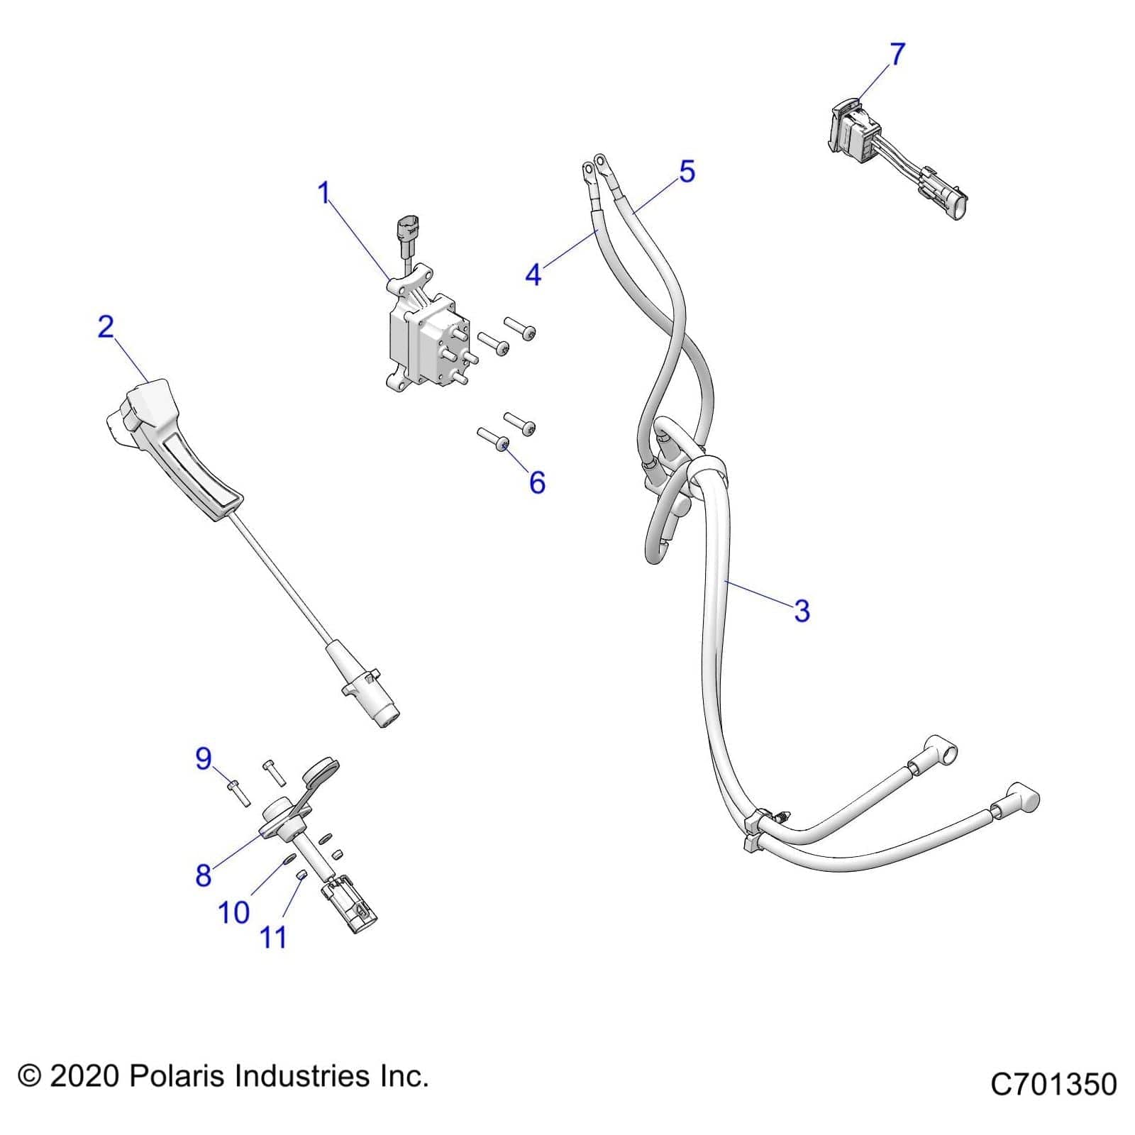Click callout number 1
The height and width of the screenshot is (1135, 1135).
[x=324, y=193]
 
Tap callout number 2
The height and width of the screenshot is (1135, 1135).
[x=106, y=327]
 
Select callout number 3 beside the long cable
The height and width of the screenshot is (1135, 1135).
[x=802, y=610]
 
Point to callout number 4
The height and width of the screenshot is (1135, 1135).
[x=533, y=275]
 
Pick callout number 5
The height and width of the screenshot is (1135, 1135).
[x=687, y=172]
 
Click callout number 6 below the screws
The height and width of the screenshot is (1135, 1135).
[x=537, y=483]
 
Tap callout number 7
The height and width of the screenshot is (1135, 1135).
[x=897, y=54]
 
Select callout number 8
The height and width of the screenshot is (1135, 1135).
[x=204, y=875]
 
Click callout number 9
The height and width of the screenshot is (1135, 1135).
[x=204, y=759]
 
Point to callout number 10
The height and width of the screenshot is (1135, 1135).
[x=233, y=913]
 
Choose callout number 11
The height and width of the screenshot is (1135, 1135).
[x=274, y=938]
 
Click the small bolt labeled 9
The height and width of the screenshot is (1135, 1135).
[x=238, y=792]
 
